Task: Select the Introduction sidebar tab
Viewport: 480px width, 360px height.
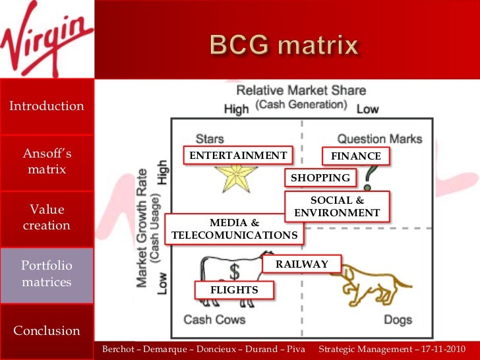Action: click(x=47, y=106)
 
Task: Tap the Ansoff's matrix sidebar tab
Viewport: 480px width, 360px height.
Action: click(x=47, y=162)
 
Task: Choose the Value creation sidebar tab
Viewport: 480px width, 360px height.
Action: click(x=47, y=218)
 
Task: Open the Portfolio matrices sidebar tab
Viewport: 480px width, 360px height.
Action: click(x=47, y=274)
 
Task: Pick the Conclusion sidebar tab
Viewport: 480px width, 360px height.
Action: click(x=47, y=330)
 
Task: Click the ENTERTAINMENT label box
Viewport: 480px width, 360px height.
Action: click(x=238, y=156)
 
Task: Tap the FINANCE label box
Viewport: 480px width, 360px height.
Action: click(x=356, y=156)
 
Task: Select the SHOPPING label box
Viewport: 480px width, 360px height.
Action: click(x=320, y=178)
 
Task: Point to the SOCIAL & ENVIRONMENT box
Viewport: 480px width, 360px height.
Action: click(x=337, y=206)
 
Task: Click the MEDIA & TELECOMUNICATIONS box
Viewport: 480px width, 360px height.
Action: click(x=234, y=229)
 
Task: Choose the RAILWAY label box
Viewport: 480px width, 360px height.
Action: click(x=302, y=264)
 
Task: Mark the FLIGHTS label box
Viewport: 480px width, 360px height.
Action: click(x=234, y=290)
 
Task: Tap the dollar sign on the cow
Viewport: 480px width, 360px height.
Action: click(x=235, y=270)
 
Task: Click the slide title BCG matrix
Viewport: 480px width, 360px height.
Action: click(x=284, y=46)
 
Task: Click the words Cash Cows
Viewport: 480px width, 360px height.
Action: click(x=214, y=320)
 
